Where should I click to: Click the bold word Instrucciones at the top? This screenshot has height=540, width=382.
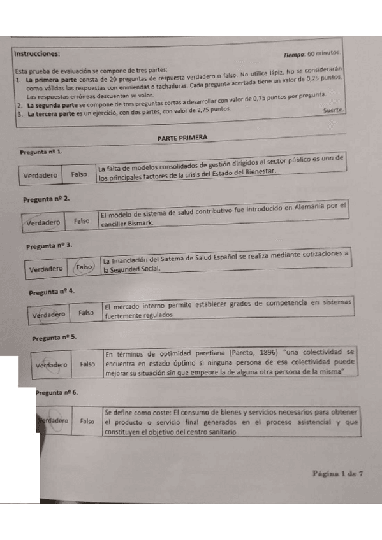[x=38, y=53]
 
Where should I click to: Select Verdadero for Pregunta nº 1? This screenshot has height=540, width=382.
[x=40, y=174]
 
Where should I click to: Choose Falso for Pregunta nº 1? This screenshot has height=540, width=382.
[x=79, y=173]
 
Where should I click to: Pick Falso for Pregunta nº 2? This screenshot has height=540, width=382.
[x=82, y=221]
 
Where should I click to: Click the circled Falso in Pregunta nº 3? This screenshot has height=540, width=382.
[x=85, y=267]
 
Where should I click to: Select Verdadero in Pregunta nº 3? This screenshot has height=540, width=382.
[x=47, y=269]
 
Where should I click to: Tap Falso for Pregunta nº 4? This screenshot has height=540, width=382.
[x=86, y=313]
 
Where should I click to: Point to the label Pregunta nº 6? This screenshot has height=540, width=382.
[x=58, y=394]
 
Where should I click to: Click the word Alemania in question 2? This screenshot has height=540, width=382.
[x=312, y=206]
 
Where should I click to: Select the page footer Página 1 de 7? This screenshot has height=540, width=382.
[x=338, y=473]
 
